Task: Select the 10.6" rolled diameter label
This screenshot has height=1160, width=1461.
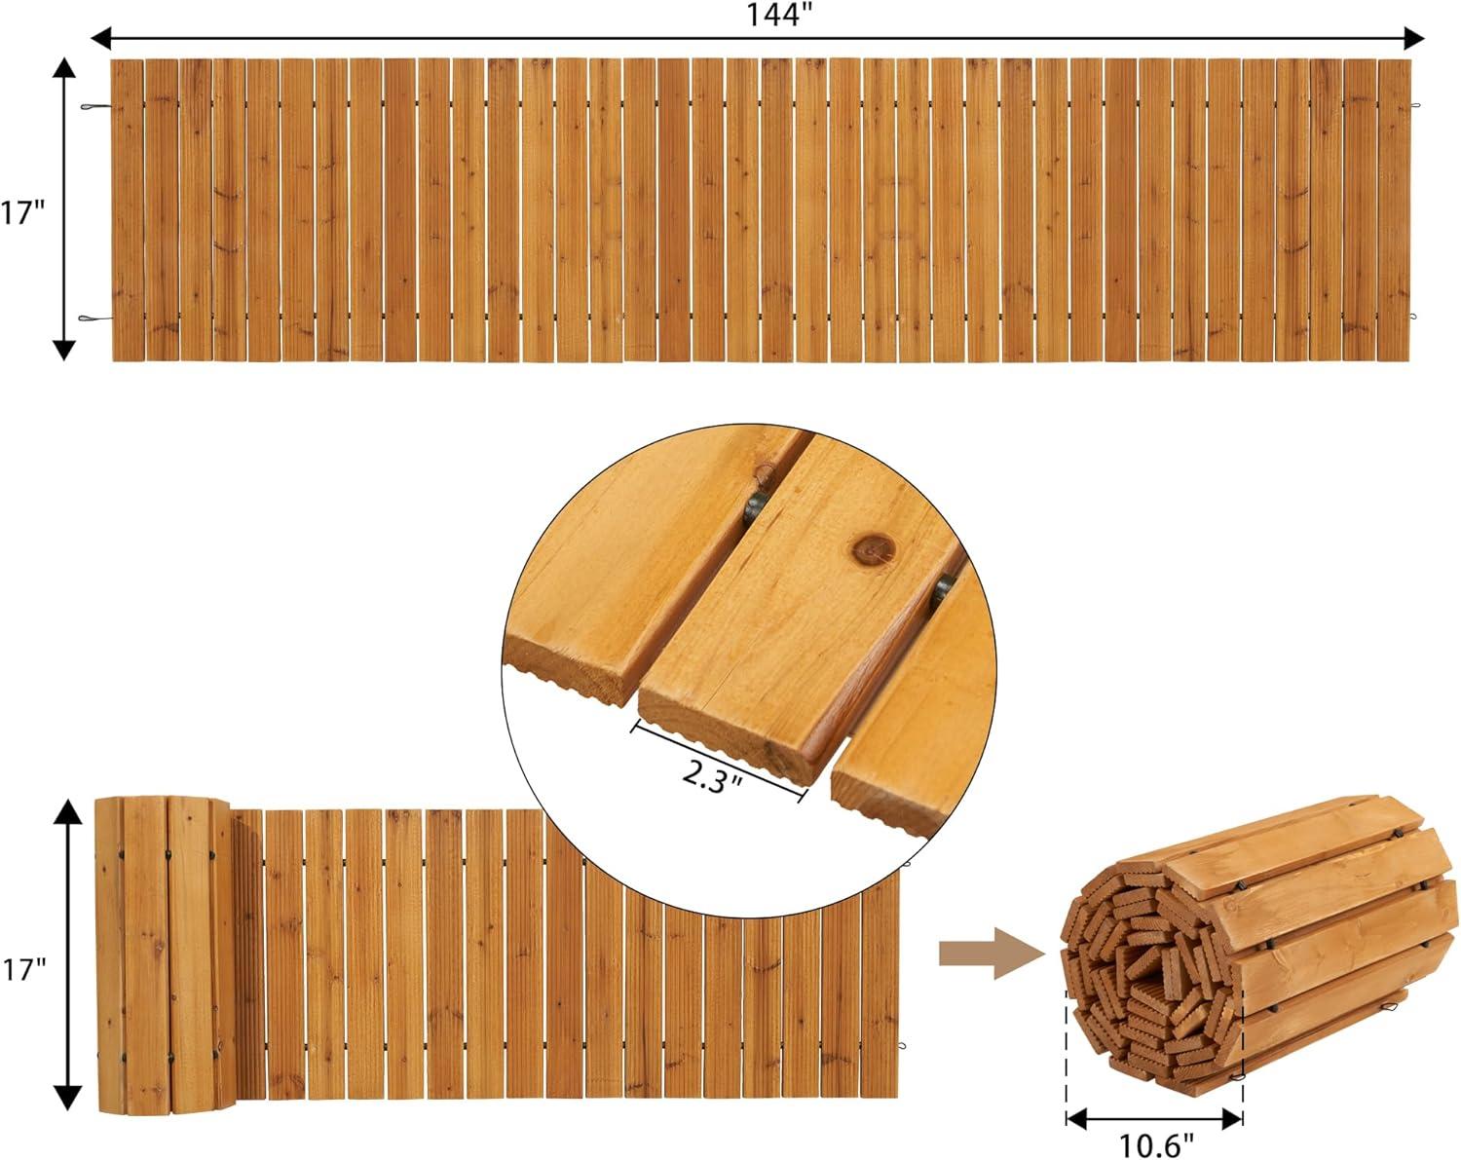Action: click(1154, 1146)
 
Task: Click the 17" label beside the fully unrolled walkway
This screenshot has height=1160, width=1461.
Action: click(22, 213)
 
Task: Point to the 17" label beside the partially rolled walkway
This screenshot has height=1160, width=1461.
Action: click(22, 969)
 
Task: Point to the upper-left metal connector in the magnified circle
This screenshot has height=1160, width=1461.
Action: click(754, 507)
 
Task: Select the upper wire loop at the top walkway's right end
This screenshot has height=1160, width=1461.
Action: click(1414, 107)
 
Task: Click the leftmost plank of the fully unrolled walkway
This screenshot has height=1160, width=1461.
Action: click(128, 209)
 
